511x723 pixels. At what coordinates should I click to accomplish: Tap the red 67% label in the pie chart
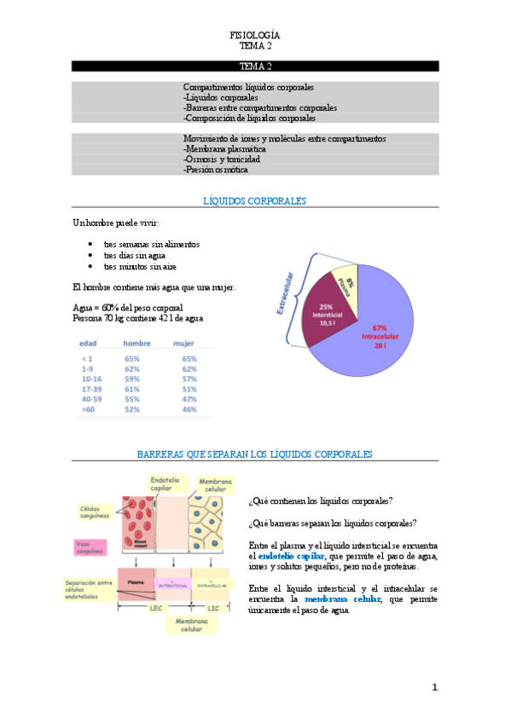(380, 327)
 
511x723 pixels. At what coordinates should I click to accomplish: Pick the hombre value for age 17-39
(132, 387)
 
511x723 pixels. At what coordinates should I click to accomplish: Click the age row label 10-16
(90, 377)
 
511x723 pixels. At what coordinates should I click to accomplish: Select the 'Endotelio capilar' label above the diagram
(165, 484)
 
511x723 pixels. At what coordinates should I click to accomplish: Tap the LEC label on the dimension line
(155, 607)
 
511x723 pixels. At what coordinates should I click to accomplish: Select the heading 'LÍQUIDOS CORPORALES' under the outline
(255, 201)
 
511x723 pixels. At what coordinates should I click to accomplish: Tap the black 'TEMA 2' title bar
(255, 66)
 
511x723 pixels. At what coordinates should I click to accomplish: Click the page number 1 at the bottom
(433, 687)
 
